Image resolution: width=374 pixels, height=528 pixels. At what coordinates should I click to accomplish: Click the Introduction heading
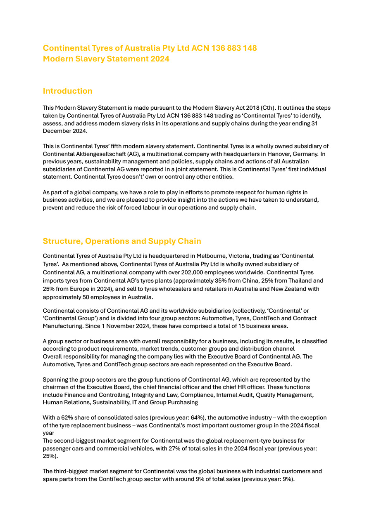(x=67, y=91)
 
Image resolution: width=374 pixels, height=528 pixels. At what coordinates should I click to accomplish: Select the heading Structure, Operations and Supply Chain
(x=122, y=241)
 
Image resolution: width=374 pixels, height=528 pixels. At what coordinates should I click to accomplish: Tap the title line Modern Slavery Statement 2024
(x=106, y=59)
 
